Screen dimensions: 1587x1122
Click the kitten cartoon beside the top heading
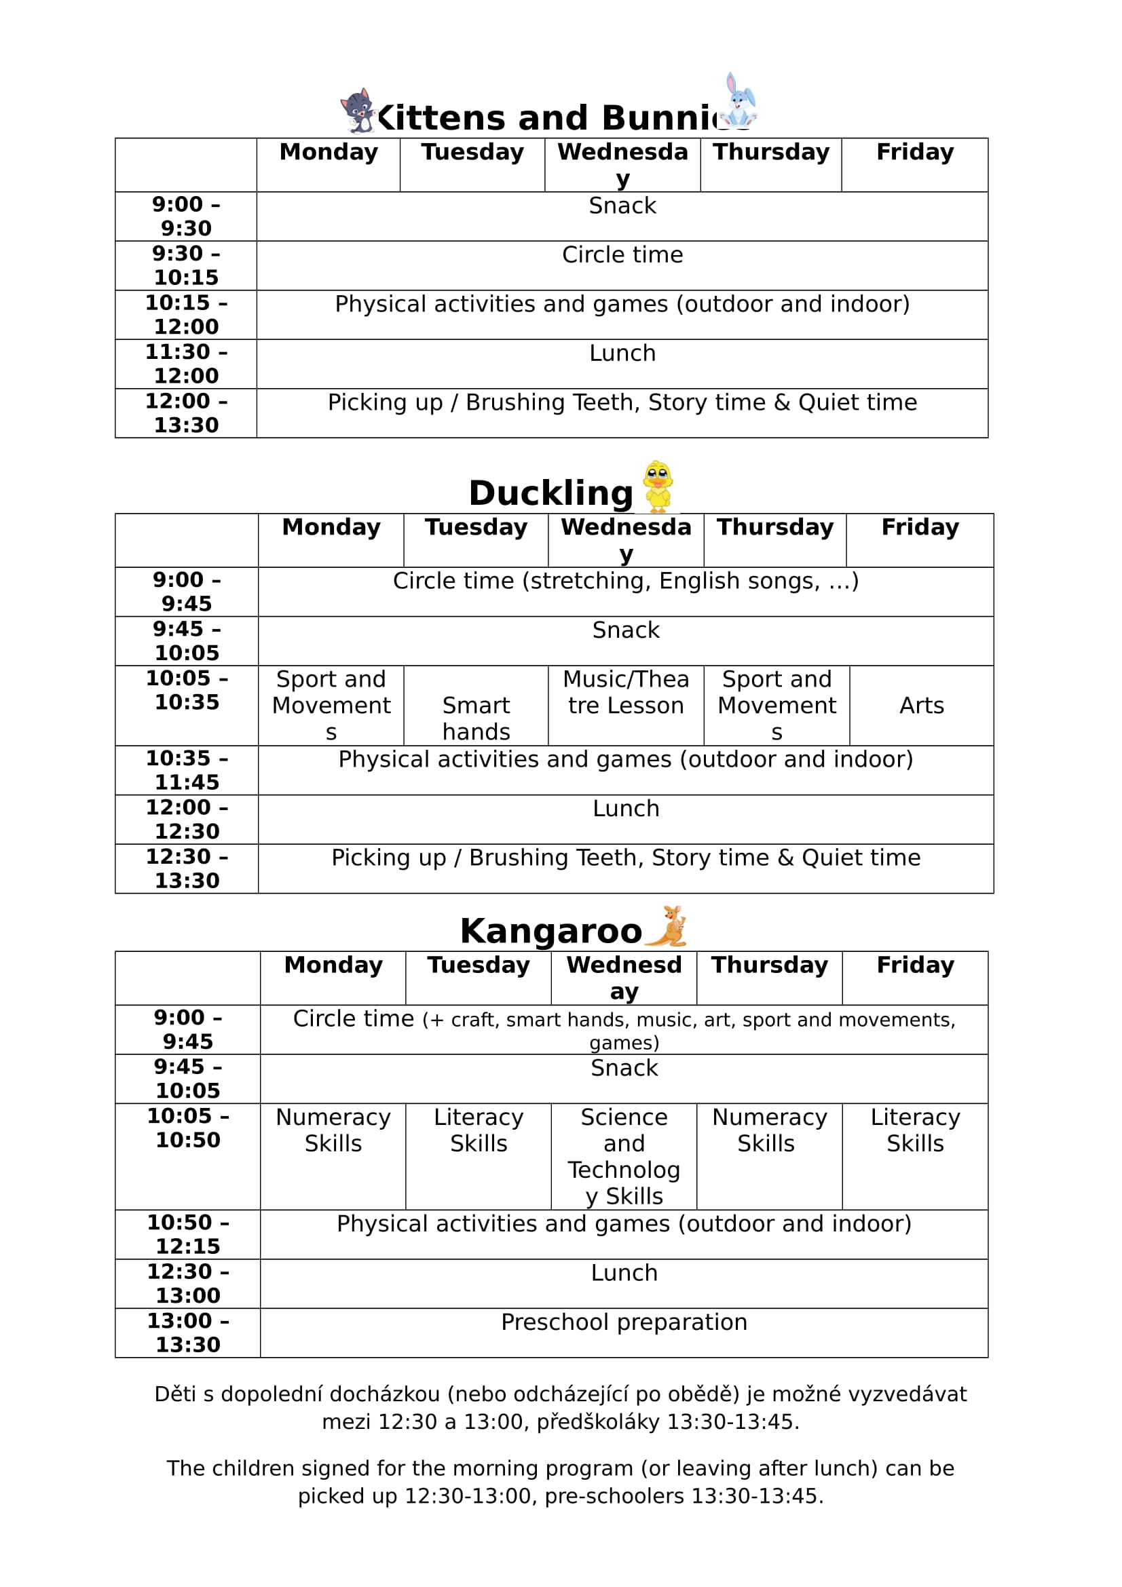pos(358,111)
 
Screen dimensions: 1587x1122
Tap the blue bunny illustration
pos(739,101)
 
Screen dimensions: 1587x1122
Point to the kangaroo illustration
pos(669,926)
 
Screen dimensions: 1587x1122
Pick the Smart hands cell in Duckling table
pos(476,718)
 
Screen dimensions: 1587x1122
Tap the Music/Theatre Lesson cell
pos(626,692)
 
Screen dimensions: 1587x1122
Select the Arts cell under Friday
pos(922,705)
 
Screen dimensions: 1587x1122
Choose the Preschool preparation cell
pos(624,1322)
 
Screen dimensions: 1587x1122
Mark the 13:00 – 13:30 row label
pos(187,1332)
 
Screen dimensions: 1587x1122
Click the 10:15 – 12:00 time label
pos(186,315)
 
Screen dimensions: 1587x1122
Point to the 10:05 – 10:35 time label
pos(187,690)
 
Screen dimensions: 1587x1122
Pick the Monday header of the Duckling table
pos(331,527)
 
